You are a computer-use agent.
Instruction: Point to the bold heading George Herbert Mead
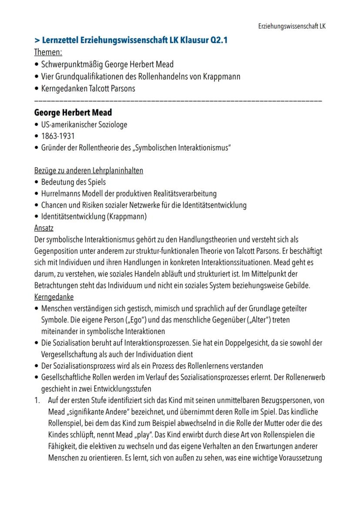pos(73,113)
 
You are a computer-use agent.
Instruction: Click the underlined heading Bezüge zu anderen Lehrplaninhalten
pos(88,171)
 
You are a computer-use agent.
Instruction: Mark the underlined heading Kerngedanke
pos(54,297)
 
